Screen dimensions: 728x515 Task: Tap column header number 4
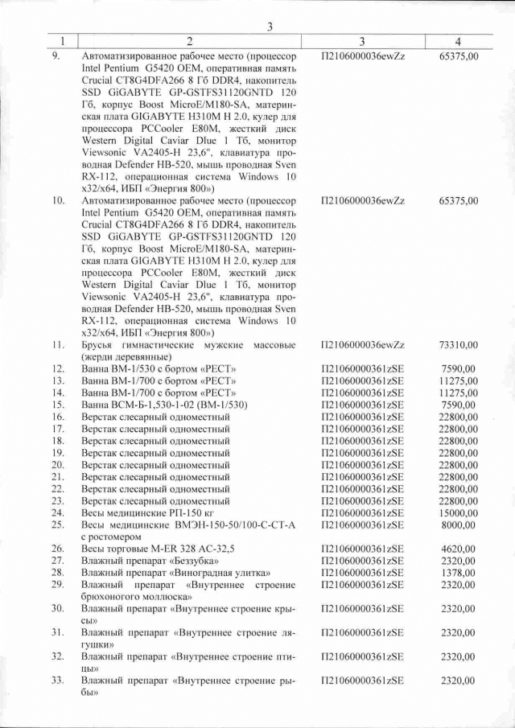click(457, 41)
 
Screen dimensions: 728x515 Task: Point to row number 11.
click(58, 345)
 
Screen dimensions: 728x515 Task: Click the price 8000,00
click(461, 524)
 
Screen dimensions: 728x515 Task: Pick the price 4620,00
click(461, 548)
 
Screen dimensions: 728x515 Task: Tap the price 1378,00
click(461, 572)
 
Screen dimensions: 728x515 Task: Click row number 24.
click(58, 512)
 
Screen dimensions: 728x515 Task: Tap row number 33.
click(58, 681)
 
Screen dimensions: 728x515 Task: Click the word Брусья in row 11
click(99, 345)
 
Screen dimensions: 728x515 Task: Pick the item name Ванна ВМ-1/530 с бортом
click(137, 369)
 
